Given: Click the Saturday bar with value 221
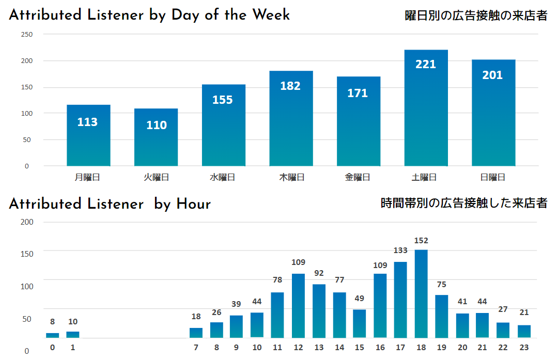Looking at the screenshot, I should [x=426, y=108].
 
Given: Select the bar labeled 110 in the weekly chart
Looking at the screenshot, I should [x=156, y=137].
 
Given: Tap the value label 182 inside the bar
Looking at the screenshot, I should [x=290, y=86].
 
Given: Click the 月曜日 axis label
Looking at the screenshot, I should [x=87, y=177].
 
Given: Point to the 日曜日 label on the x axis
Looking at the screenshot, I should [x=492, y=177].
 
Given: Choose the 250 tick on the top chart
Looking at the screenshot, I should [x=26, y=35].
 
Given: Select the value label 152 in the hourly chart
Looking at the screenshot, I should [x=421, y=241].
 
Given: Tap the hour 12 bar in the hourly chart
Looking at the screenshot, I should [x=298, y=305].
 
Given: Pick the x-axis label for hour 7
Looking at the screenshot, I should [x=196, y=347].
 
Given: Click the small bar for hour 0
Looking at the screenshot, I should [x=53, y=335].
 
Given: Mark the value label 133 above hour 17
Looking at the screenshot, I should [x=400, y=251].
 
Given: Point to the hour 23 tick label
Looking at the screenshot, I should [x=524, y=347].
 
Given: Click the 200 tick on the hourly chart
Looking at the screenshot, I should [x=26, y=222].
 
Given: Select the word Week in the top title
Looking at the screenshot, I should [x=271, y=15].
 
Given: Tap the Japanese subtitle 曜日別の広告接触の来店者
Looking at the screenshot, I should [x=476, y=15].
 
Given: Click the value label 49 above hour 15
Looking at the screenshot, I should [x=360, y=299].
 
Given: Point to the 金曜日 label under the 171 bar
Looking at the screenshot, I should [x=358, y=177].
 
